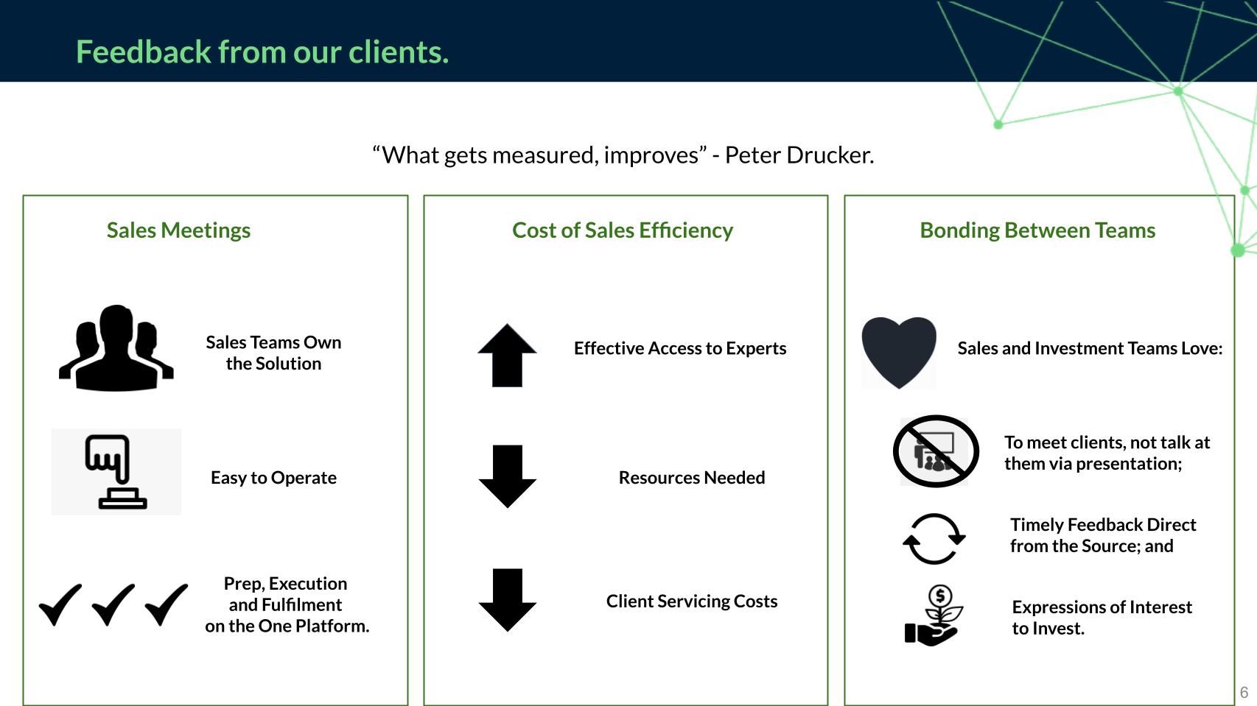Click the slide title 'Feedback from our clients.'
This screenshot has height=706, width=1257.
click(262, 52)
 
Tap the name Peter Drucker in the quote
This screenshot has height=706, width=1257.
click(799, 155)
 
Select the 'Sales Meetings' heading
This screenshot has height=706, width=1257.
click(178, 230)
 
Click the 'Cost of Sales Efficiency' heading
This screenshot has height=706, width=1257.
click(623, 230)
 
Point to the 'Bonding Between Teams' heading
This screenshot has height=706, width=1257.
click(1037, 230)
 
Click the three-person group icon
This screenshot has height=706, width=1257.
click(116, 347)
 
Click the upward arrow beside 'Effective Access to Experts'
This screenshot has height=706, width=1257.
click(507, 355)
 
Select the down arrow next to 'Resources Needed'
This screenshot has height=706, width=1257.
click(507, 476)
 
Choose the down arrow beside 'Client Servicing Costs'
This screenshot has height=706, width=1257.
click(507, 600)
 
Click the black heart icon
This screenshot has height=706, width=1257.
click(899, 352)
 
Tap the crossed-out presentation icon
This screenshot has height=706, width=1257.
click(936, 451)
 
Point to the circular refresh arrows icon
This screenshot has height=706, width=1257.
click(934, 539)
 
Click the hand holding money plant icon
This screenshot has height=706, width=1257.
click(934, 615)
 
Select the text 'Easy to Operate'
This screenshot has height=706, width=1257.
click(273, 478)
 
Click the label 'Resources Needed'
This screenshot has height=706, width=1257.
click(691, 478)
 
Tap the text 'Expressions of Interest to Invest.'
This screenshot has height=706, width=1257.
click(1102, 618)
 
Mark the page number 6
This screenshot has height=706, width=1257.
click(1244, 693)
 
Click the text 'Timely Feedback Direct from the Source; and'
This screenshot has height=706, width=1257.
click(1103, 535)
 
